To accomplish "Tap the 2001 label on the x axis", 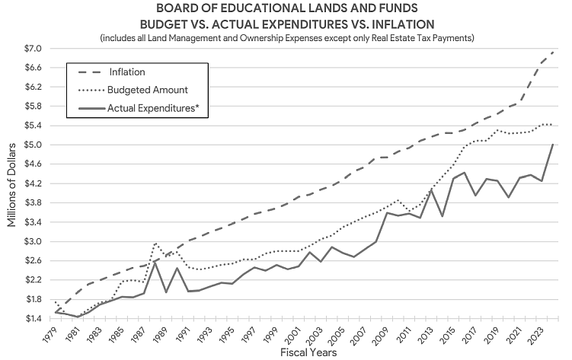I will coord(290,333).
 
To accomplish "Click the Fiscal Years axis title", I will coord(302,352).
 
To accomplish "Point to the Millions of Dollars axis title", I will coord(11,183).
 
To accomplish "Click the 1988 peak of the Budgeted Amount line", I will coord(155,244).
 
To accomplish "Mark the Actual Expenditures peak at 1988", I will coord(155,263).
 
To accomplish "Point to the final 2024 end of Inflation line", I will coord(554,51).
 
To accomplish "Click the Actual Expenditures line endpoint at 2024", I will coord(554,145).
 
